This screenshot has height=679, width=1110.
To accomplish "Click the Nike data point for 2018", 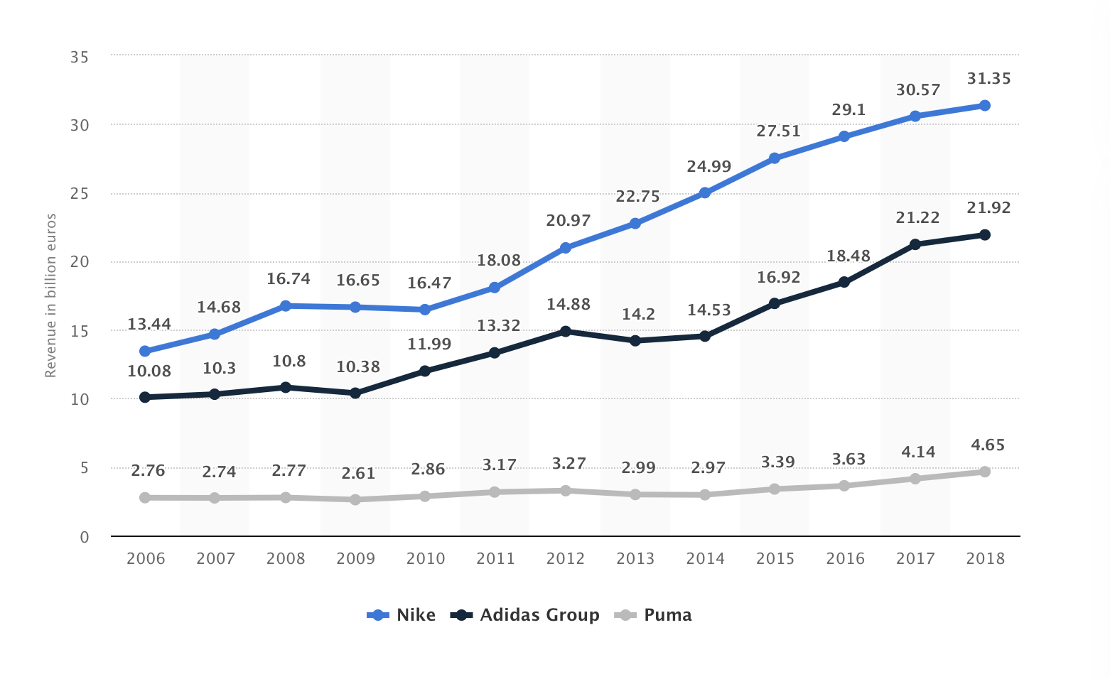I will pyautogui.click(x=984, y=106).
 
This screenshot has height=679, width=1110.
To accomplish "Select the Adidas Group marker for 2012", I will pyautogui.click(x=565, y=331).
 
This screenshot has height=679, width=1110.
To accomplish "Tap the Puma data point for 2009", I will pyautogui.click(x=355, y=499).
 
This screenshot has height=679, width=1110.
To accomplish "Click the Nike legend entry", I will pyautogui.click(x=402, y=615).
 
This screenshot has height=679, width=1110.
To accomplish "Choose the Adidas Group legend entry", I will pyautogui.click(x=526, y=615).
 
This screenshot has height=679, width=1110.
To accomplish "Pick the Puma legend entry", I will pyautogui.click(x=654, y=615).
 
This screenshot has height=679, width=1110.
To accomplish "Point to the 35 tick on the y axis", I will pyautogui.click(x=80, y=57).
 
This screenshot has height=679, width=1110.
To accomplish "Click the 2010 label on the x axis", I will pyautogui.click(x=425, y=559).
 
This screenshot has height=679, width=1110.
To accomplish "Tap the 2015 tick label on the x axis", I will pyautogui.click(x=775, y=559).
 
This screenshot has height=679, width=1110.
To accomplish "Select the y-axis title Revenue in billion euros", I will pyautogui.click(x=50, y=295).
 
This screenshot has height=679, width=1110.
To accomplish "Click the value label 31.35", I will pyautogui.click(x=988, y=79).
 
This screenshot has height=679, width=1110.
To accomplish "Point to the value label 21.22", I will pyautogui.click(x=917, y=218).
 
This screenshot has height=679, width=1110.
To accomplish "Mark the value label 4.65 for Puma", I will pyautogui.click(x=987, y=445).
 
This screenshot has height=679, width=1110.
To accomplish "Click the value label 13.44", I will pyautogui.click(x=149, y=325).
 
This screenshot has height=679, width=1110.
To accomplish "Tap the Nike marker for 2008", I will pyautogui.click(x=285, y=305).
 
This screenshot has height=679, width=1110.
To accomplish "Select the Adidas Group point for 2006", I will pyautogui.click(x=145, y=397).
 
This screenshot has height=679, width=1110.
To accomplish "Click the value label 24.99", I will pyautogui.click(x=708, y=167).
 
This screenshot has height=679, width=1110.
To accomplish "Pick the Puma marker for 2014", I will pyautogui.click(x=705, y=494).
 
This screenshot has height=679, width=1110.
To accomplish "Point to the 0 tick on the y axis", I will pyautogui.click(x=85, y=538).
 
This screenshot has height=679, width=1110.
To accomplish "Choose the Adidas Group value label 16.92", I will pyautogui.click(x=778, y=277).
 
